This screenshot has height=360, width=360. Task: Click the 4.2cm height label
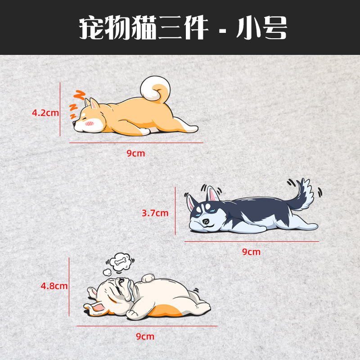[45, 112]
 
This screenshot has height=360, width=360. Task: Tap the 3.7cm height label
[155, 213]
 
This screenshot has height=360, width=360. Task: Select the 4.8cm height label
[54, 285]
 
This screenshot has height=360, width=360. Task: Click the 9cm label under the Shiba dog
[135, 153]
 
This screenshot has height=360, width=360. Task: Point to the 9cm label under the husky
[251, 252]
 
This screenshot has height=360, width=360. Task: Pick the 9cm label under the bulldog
[145, 336]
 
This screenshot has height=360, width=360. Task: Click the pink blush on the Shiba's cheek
[90, 122]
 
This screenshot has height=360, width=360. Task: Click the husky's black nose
[206, 221]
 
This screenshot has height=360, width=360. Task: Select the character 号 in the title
[271, 29]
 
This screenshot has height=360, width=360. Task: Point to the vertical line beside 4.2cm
[60, 109]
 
